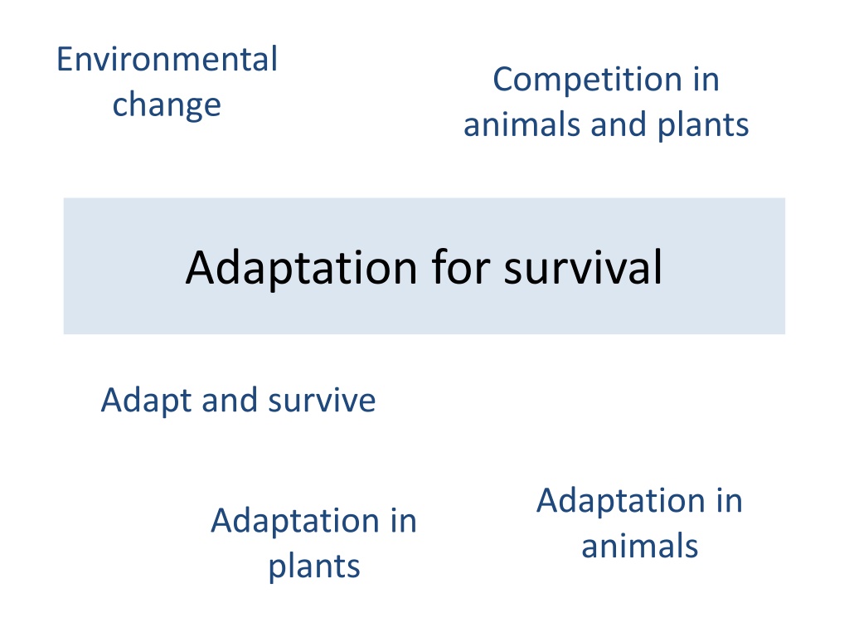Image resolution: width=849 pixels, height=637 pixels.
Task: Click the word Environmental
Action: coord(167,59)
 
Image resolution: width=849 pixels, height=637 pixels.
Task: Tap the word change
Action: coord(167,105)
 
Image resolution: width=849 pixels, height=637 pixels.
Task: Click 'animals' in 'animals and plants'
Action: coord(522,125)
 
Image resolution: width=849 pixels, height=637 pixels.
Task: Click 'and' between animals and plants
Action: coord(619,124)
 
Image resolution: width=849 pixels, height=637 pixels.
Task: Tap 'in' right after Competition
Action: coord(706,80)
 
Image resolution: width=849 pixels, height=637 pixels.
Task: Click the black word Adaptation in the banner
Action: coord(302,269)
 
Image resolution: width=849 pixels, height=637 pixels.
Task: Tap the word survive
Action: coord(322,401)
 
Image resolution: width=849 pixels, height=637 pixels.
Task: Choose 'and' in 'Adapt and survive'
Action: coord(230,401)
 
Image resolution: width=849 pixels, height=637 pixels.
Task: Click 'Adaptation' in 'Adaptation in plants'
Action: coord(294,522)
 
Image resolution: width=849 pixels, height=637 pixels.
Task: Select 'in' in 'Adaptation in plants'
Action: coord(404,521)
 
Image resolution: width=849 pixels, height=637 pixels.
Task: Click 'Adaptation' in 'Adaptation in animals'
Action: coord(621,501)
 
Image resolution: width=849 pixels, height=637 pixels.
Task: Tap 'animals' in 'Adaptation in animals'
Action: coord(640,546)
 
